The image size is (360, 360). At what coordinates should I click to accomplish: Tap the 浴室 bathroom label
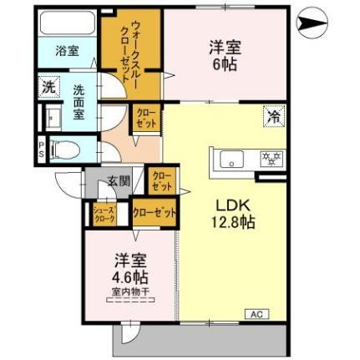click(x=68, y=50)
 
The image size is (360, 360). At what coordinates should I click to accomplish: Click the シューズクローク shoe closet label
click(x=104, y=213)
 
